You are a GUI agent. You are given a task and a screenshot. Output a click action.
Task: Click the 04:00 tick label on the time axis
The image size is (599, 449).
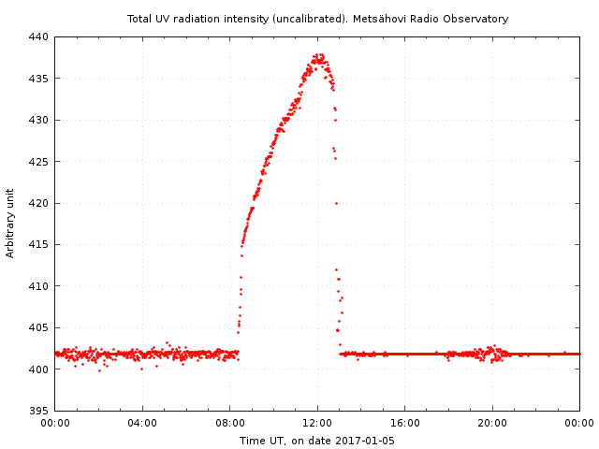142,423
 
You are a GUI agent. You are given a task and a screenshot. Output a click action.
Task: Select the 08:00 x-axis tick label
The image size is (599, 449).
230,423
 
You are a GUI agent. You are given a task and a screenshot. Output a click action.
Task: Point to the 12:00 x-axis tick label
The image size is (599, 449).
317,423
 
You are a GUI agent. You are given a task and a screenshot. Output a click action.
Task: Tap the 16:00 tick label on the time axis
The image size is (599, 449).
405,423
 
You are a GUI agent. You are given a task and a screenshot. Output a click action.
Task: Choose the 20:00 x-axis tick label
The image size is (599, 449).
492,423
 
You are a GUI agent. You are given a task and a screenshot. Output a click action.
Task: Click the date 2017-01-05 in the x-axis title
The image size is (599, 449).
364,441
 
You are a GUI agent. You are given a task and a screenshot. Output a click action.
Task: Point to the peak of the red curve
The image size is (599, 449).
319,55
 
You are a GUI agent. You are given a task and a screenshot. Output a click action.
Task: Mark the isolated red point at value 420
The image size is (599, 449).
336,203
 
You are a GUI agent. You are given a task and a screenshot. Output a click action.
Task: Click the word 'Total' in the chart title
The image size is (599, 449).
141,19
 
